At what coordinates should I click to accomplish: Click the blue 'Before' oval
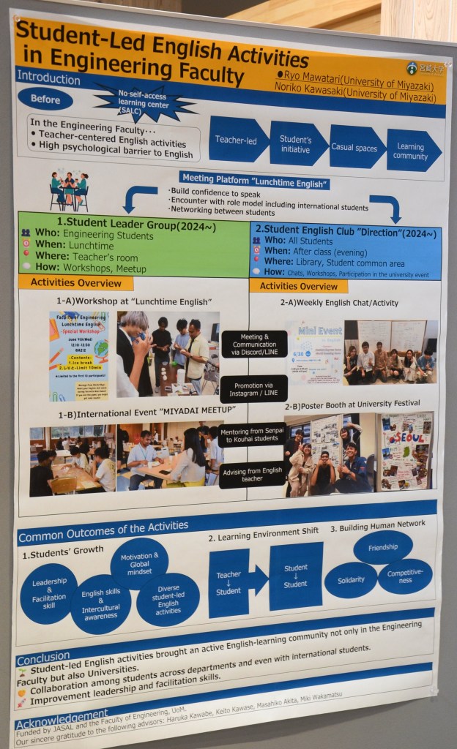point(45,99)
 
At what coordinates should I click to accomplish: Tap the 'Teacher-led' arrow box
point(237,140)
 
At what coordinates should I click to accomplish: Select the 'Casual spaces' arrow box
point(354,146)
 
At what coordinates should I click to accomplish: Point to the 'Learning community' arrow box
point(412,151)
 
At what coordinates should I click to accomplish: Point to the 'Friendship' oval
point(383,546)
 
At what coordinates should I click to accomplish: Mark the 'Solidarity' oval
point(351,580)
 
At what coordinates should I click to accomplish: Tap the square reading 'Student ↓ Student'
point(295,576)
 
